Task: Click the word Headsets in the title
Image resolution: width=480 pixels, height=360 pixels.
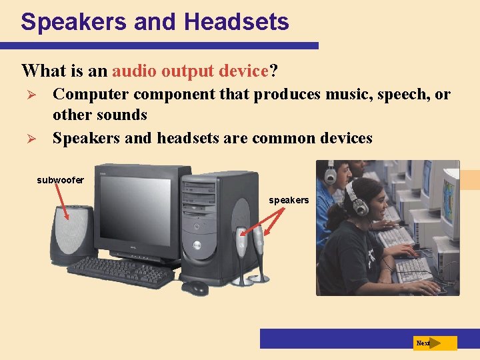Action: coord(237,22)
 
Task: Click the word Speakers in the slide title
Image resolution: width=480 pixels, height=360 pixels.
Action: coord(74,22)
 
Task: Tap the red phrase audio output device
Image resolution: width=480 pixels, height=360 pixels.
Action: coord(190,70)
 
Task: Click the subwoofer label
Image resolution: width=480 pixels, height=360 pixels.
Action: coord(60,180)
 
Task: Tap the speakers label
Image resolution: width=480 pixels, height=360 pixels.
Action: coord(289,200)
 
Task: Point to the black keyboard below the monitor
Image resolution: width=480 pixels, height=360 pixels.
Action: coord(120,271)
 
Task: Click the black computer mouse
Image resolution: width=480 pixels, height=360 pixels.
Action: coord(195,288)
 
